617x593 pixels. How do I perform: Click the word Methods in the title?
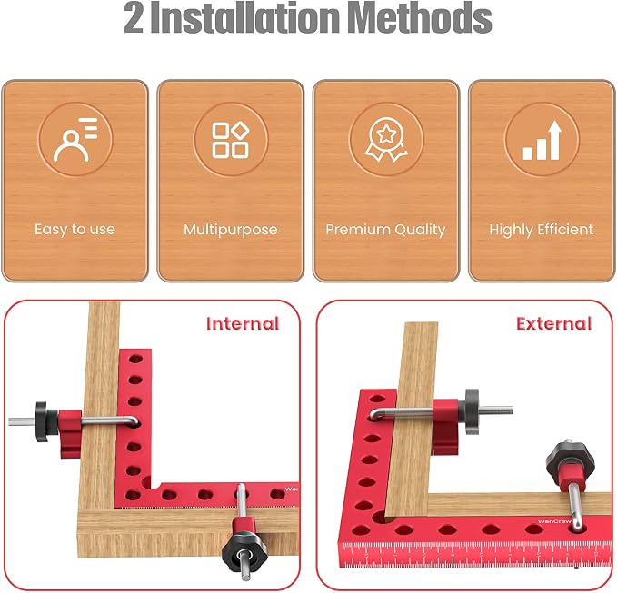coord(420,18)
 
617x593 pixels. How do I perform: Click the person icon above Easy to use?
coord(75,140)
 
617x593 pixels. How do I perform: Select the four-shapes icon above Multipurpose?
coord(231,140)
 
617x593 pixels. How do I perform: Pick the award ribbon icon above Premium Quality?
coord(386,140)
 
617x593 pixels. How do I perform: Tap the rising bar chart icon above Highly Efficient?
coord(542,140)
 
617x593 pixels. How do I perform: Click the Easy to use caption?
coord(75,229)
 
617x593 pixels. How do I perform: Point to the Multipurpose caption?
coord(231,230)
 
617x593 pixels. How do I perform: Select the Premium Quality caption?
coord(385,230)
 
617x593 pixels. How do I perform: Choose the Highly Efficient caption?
coord(542,230)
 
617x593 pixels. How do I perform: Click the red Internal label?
coord(243,323)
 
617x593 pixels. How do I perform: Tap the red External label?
coord(554,323)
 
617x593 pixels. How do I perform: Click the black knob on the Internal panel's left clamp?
coord(43,421)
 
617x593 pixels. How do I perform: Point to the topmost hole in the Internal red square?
coord(135,359)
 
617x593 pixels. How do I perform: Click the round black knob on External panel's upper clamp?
coord(472,411)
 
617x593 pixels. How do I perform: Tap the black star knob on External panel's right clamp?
coord(570,460)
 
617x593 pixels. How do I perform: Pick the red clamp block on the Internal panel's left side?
coord(70,433)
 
